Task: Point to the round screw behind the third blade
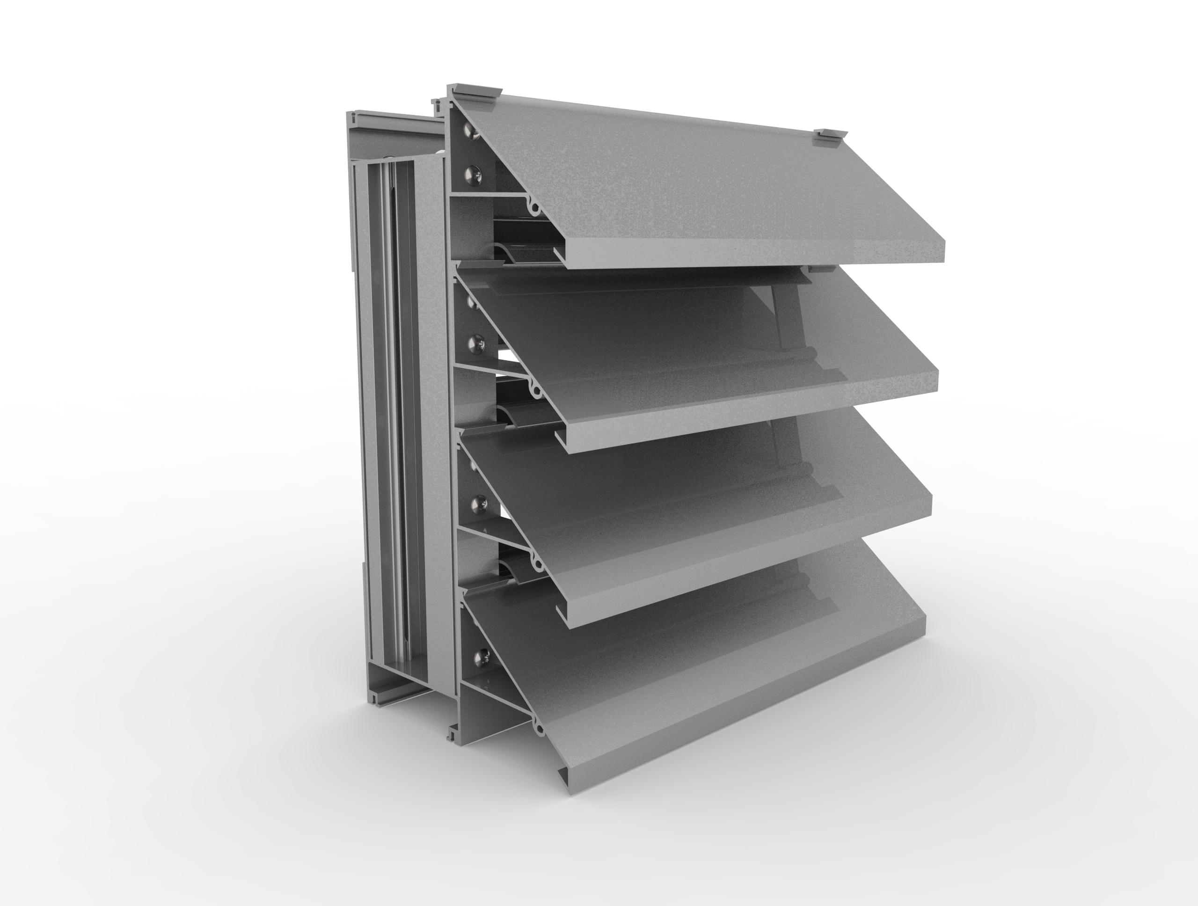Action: (x=478, y=505)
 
